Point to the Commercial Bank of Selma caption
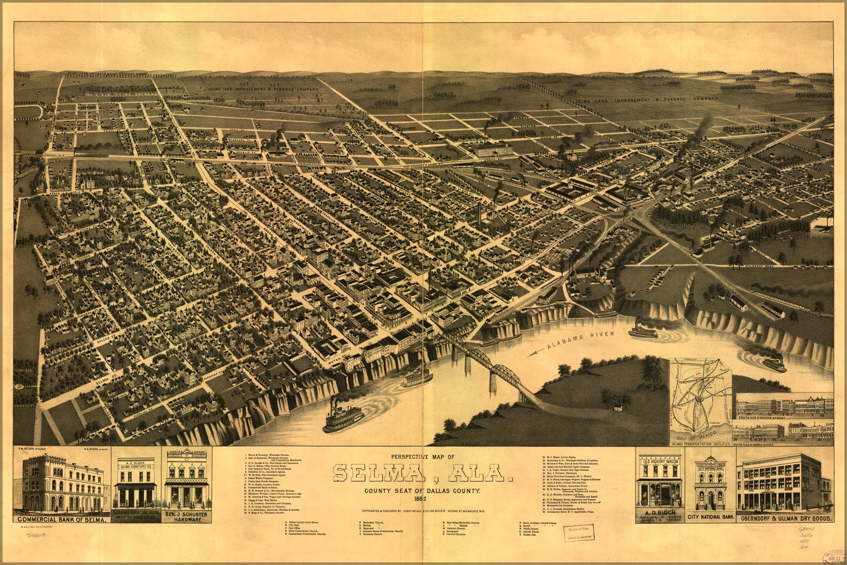click(62, 520)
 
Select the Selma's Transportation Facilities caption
click(700, 443)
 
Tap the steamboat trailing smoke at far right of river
click(774, 364)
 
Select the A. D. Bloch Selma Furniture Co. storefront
click(136, 482)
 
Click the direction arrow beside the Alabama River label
click(535, 353)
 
